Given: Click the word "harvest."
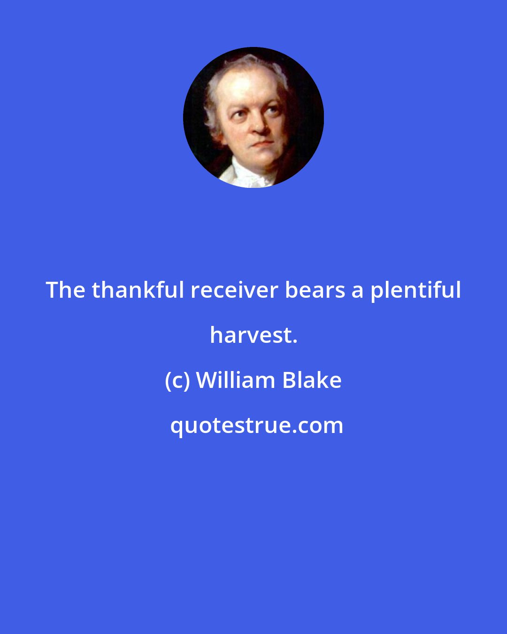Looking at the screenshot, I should click(x=253, y=335).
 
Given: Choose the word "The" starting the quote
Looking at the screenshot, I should click(x=65, y=290).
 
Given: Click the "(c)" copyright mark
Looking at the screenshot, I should click(x=177, y=381).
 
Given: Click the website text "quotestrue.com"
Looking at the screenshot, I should click(x=256, y=426).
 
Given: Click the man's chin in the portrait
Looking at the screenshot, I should click(x=266, y=157).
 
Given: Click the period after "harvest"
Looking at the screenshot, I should click(x=294, y=341).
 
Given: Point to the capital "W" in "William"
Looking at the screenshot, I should click(x=206, y=380).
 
